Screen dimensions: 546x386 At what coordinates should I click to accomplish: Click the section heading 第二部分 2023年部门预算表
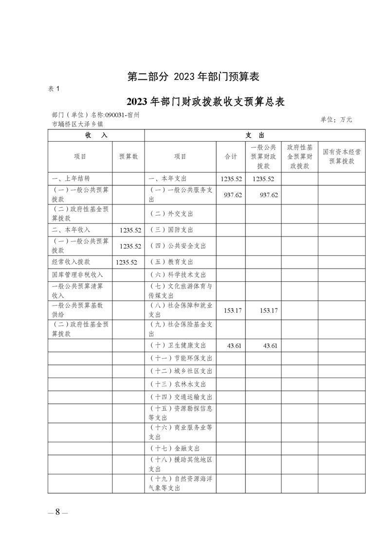(x=193, y=76)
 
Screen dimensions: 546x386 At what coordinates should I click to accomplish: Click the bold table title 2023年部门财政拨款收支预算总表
(x=205, y=102)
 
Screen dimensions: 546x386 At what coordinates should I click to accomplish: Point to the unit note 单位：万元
(x=336, y=119)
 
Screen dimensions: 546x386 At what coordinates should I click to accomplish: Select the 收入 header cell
(x=96, y=135)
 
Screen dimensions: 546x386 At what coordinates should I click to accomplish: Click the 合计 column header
(x=231, y=157)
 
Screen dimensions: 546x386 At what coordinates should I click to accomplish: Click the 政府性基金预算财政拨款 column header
(x=299, y=157)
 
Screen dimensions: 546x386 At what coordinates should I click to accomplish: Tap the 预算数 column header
(x=129, y=157)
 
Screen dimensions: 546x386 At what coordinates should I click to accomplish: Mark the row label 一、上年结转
(x=71, y=179)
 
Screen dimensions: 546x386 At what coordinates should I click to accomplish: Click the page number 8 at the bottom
(x=57, y=512)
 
